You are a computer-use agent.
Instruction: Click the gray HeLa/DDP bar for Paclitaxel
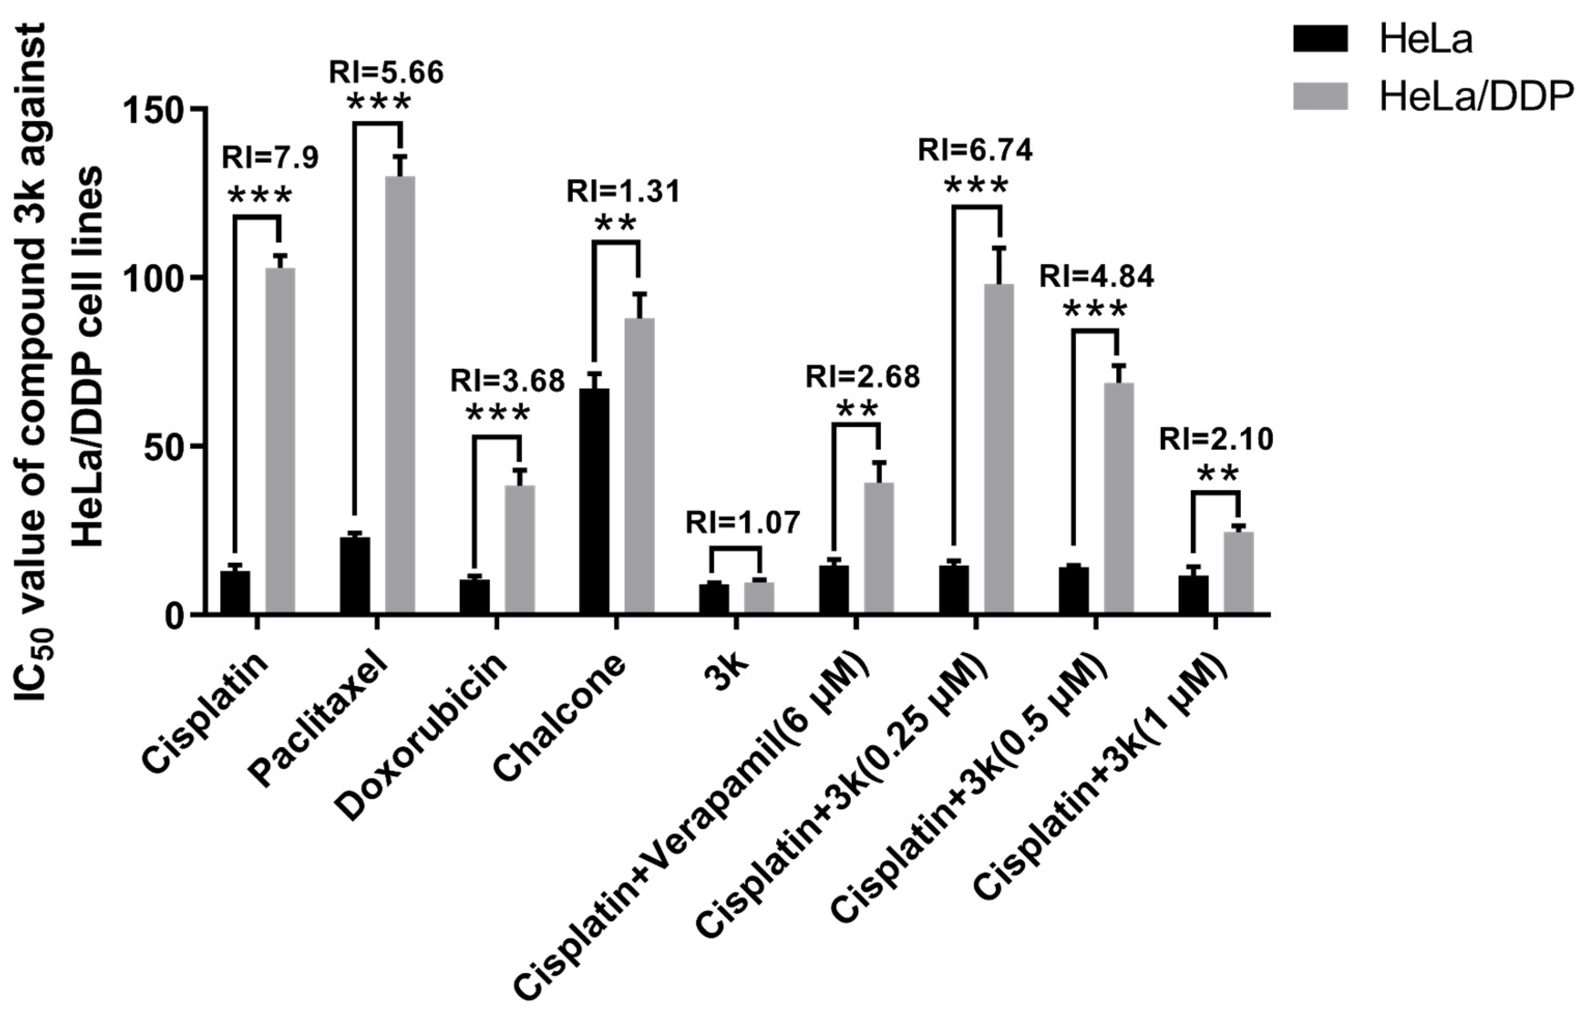point(400,394)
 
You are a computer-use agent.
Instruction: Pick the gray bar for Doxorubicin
point(520,549)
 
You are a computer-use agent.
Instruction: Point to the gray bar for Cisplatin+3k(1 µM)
point(1238,572)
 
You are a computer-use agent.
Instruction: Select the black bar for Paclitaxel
point(355,575)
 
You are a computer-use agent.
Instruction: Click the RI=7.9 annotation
point(270,158)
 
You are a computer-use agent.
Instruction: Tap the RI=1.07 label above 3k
point(742,523)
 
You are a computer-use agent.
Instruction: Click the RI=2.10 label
point(1216,439)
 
